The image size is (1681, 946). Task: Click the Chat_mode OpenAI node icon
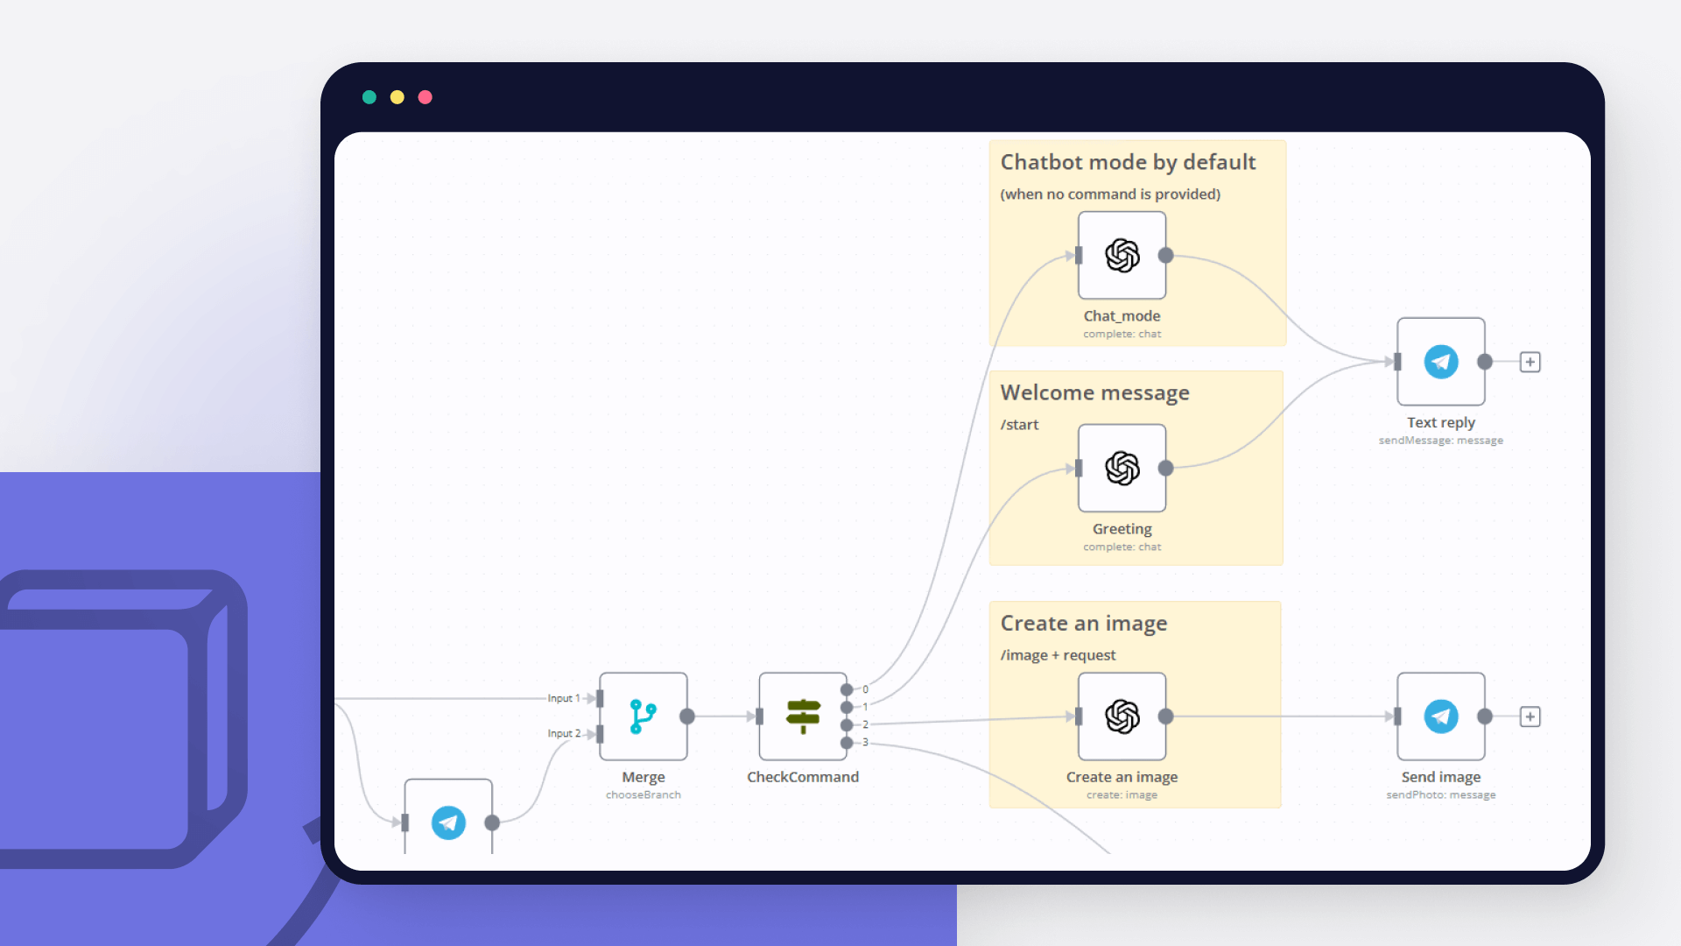point(1122,256)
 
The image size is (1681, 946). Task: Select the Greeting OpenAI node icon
point(1122,469)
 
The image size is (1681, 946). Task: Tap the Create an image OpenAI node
point(1122,717)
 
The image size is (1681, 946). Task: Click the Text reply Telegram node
point(1440,362)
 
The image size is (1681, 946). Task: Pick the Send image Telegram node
point(1440,717)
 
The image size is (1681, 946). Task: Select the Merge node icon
point(644,717)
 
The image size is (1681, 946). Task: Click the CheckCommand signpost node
point(803,717)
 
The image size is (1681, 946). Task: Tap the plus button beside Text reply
point(1530,362)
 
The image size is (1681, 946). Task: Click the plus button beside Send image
point(1530,717)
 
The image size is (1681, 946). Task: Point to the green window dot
point(369,97)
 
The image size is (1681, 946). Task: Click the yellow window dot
point(397,97)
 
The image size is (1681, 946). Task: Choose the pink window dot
point(426,97)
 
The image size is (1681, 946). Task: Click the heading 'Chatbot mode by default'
point(1128,162)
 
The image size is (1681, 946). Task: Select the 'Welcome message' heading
point(1094,392)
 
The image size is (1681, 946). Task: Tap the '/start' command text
point(1019,425)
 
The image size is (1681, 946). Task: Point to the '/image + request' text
point(1058,655)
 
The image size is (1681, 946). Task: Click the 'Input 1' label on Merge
point(564,698)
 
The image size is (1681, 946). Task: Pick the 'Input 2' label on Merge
point(564,733)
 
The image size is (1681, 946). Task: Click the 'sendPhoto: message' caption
point(1440,795)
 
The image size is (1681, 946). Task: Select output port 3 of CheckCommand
point(847,743)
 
